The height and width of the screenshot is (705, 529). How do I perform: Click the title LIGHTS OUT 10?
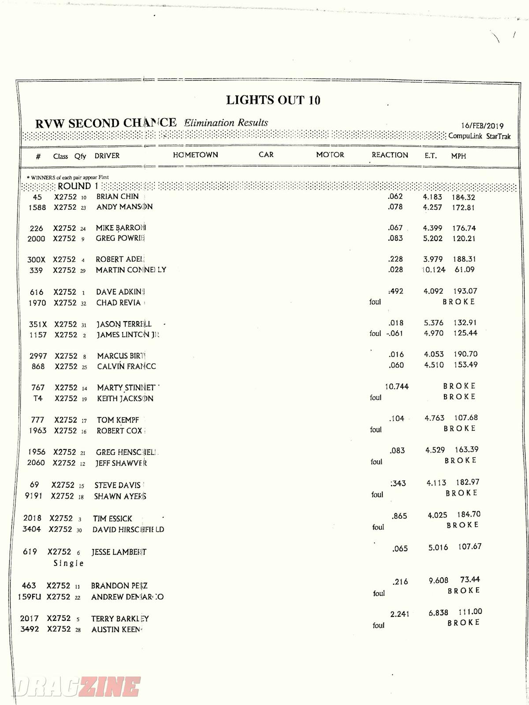point(273,100)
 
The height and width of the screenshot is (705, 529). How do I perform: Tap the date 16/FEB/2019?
point(482,126)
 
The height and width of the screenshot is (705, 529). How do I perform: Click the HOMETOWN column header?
point(195,155)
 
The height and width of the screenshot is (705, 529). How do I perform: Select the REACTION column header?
point(390,155)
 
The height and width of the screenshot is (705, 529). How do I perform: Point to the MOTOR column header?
point(330,155)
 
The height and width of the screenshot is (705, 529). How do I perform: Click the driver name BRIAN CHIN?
point(117,197)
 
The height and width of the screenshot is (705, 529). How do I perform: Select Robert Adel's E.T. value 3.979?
point(432,259)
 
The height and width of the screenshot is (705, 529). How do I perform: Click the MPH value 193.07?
point(465,291)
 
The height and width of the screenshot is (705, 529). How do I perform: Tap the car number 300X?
point(36,260)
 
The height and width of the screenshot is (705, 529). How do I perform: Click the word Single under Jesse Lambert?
point(68,563)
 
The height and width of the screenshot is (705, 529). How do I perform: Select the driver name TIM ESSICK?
point(112,519)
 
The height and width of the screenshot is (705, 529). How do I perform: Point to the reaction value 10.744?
point(397,386)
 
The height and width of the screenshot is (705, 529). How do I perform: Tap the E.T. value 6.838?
point(438,613)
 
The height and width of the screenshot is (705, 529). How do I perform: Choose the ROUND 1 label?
point(78,186)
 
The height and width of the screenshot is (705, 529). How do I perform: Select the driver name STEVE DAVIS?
point(117,486)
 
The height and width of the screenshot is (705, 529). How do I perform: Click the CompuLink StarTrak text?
point(480,136)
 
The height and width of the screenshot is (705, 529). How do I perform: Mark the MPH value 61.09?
point(465,270)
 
